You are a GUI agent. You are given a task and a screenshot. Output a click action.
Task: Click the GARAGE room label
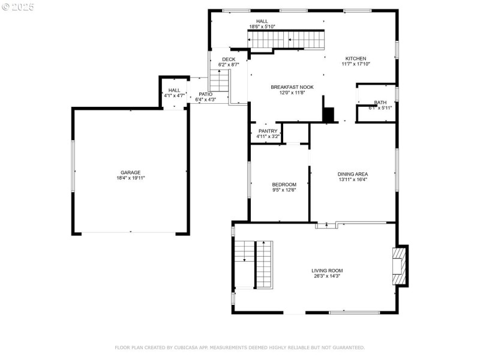coord(130,172)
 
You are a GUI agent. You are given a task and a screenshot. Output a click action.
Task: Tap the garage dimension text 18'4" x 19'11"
coord(130,178)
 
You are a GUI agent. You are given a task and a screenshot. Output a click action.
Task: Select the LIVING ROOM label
coord(327,271)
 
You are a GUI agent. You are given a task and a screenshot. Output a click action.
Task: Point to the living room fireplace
coord(398,265)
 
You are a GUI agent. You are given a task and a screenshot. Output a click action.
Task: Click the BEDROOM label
coord(284,185)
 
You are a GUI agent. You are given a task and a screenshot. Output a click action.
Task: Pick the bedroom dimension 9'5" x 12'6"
coord(284,191)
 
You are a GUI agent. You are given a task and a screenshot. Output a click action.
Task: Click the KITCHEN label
coord(355,58)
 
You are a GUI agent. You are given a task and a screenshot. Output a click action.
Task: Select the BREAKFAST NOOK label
coord(292,87)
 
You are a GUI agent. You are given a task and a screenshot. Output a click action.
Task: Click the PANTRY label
coord(268,131)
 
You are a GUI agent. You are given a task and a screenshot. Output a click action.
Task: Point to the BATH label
coord(380,103)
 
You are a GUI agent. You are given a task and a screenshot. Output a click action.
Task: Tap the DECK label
coord(229,59)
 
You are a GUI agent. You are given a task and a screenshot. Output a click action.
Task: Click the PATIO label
coord(205,94)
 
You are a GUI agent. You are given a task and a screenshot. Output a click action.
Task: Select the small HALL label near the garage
coord(174,90)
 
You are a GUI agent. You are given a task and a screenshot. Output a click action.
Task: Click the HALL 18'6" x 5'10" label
coord(262,22)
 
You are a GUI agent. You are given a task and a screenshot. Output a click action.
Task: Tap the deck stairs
coord(220,80)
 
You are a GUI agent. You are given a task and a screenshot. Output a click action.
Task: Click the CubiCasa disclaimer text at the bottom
coord(239,347)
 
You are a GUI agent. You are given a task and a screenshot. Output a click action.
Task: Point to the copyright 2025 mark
coord(18,7)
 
